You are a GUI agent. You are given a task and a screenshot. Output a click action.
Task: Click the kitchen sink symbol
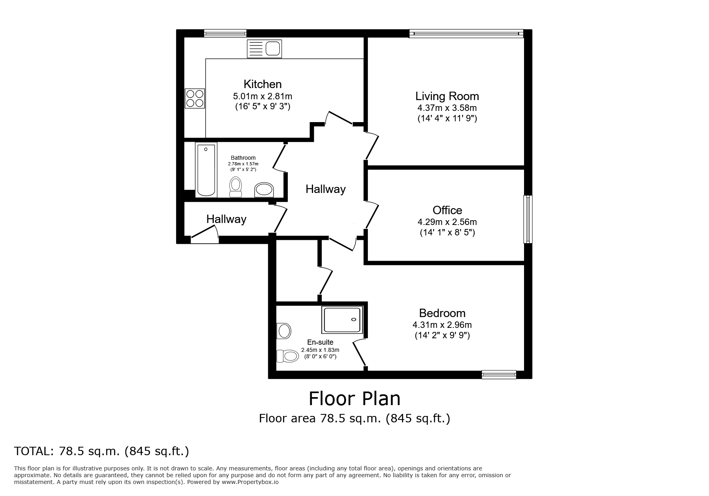pyautogui.click(x=264, y=49)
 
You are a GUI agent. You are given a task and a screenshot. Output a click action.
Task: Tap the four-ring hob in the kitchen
pyautogui.click(x=195, y=98)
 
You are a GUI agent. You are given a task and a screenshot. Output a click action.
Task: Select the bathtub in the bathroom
pyautogui.click(x=206, y=170)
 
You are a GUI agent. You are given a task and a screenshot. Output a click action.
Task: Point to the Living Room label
pyautogui.click(x=447, y=96)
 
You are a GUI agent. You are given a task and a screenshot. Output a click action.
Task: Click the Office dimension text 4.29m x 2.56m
pyautogui.click(x=447, y=222)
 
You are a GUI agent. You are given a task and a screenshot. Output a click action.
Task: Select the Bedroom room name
pyautogui.click(x=442, y=313)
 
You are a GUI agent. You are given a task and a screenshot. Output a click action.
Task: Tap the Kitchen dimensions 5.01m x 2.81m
pyautogui.click(x=262, y=96)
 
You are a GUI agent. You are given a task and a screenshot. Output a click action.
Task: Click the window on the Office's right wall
pyautogui.click(x=528, y=219)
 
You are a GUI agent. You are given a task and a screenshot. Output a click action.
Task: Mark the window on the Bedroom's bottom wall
pyautogui.click(x=499, y=374)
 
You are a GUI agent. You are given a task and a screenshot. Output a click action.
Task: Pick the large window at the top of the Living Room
pyautogui.click(x=466, y=34)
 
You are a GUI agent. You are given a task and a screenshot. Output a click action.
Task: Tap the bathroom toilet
pyautogui.click(x=236, y=187)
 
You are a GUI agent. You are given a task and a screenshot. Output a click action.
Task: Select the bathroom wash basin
pyautogui.click(x=264, y=190)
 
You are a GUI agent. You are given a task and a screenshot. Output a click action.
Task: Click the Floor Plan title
pyautogui.click(x=354, y=398)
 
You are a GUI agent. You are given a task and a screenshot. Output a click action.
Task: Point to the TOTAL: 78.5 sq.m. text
pyautogui.click(x=101, y=451)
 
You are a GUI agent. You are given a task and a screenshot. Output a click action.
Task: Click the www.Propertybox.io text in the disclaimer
pyautogui.click(x=250, y=482)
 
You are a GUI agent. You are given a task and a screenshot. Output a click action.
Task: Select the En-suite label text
pyautogui.click(x=320, y=342)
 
